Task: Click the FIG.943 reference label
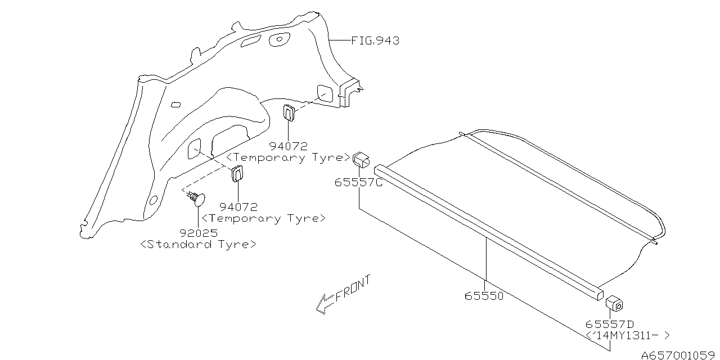375,40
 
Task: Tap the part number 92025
199,232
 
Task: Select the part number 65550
484,295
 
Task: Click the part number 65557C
358,182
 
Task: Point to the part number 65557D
609,324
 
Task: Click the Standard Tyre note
199,245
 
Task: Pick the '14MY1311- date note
628,336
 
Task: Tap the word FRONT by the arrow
353,289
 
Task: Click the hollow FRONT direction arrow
325,303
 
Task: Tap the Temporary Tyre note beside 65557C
289,157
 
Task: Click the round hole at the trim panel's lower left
152,200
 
